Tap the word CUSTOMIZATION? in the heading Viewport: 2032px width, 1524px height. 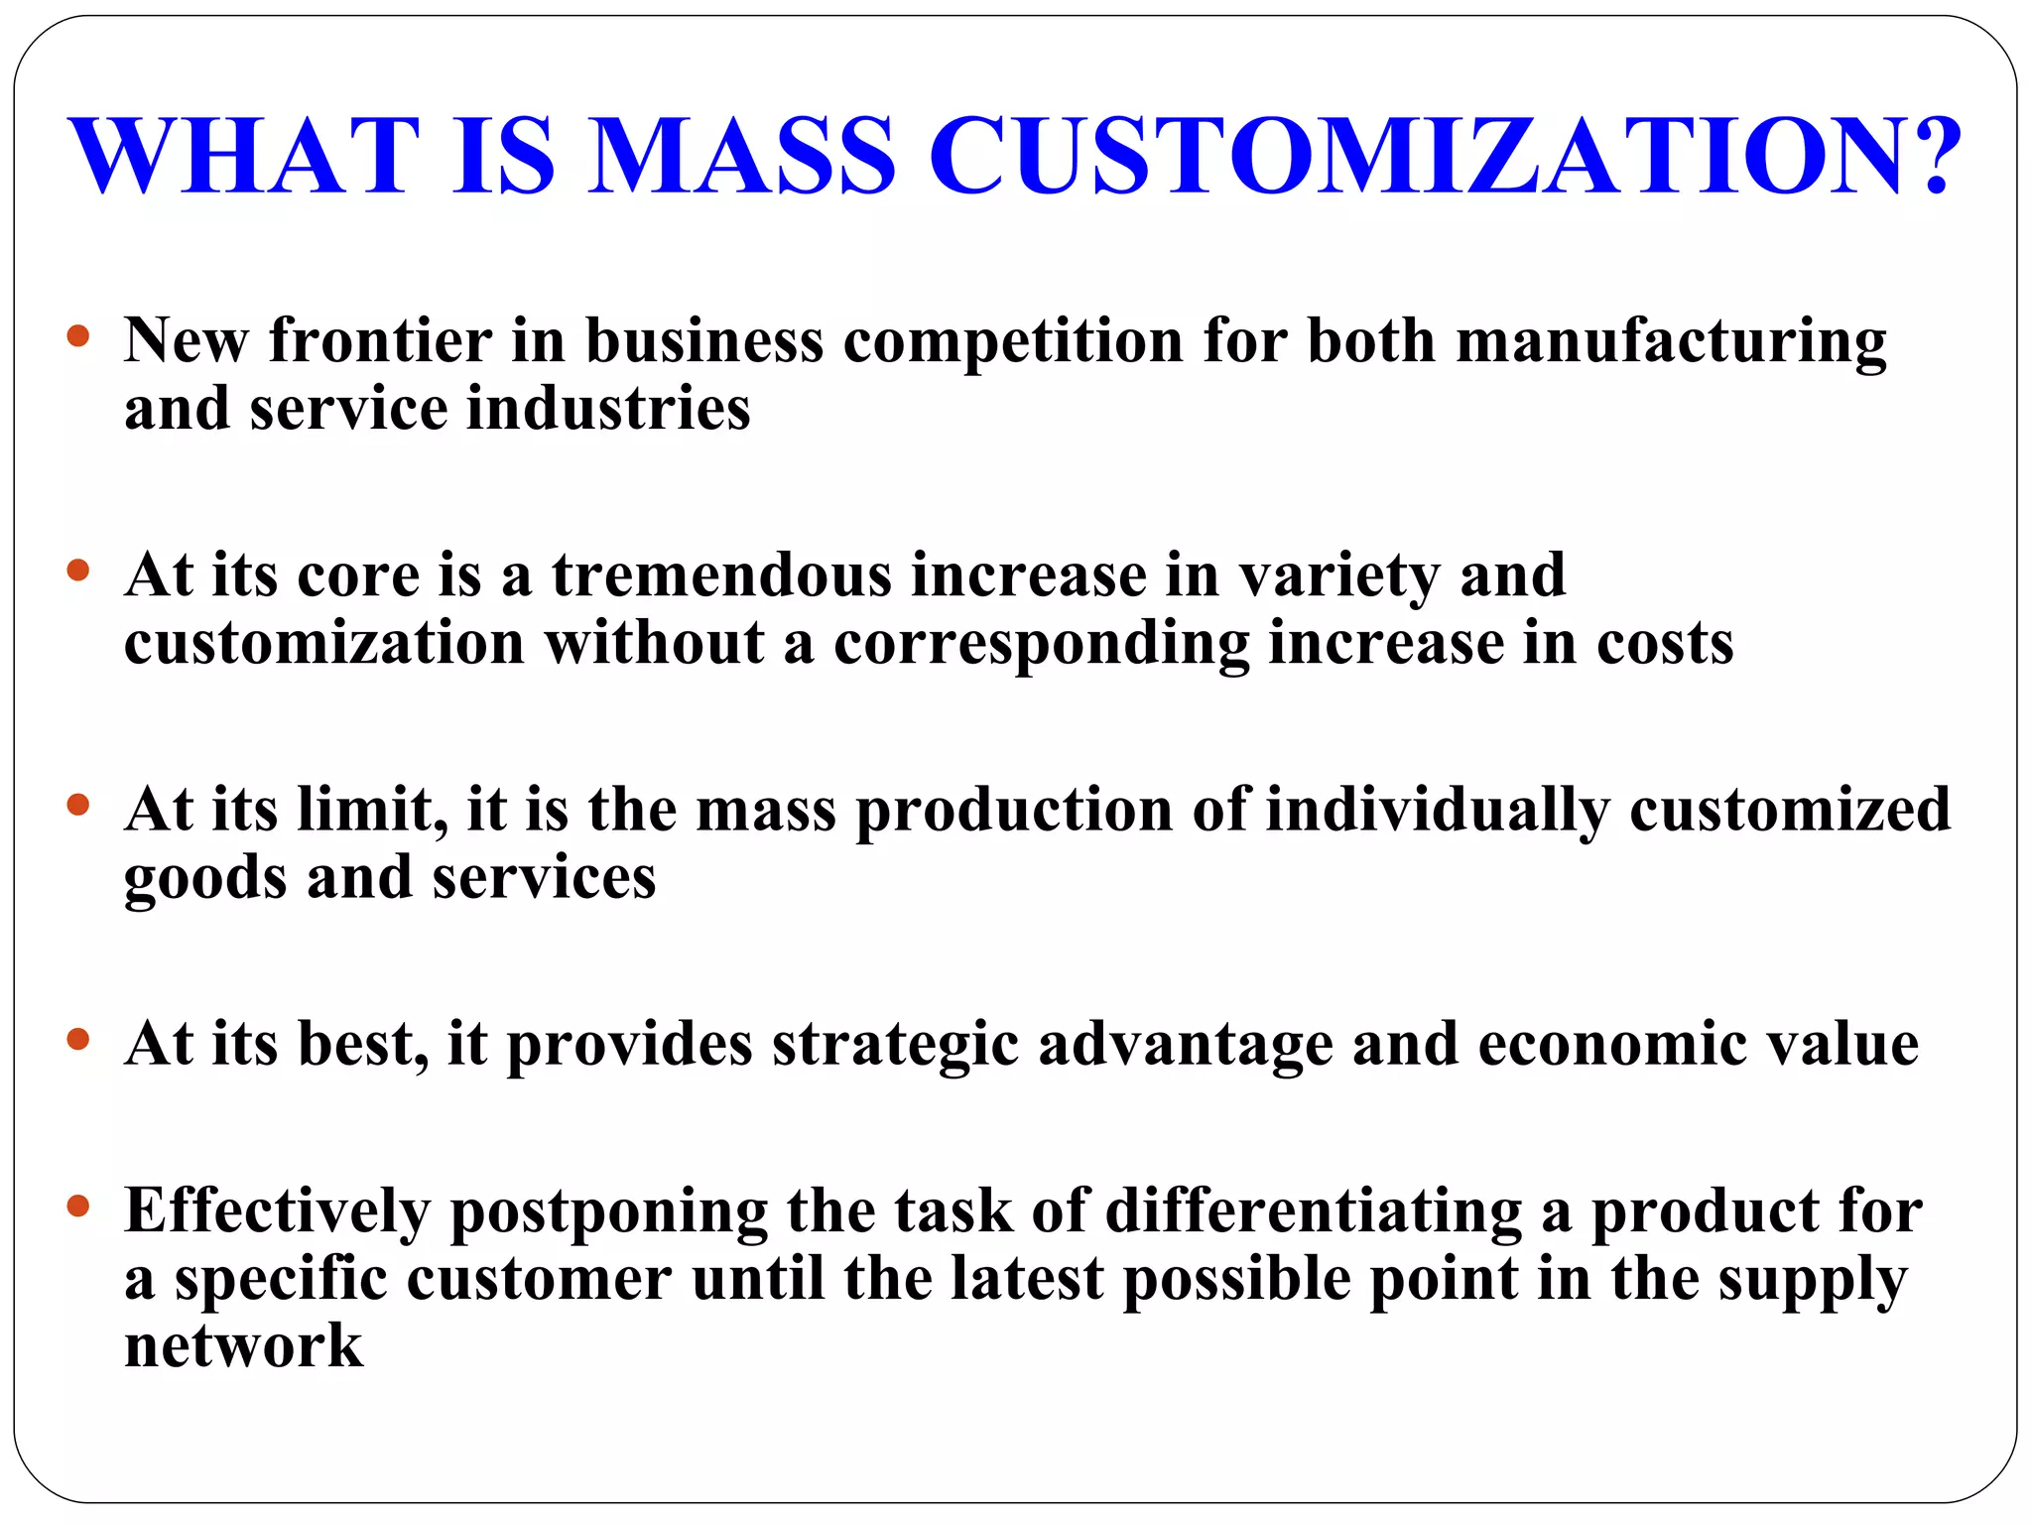(x=1445, y=156)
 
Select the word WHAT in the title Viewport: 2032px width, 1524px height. (x=244, y=156)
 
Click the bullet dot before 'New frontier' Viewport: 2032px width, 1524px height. (x=78, y=336)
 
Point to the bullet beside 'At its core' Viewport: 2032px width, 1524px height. (x=78, y=571)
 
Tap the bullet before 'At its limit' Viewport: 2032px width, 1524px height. (x=78, y=805)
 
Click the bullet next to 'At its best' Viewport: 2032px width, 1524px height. (x=78, y=1040)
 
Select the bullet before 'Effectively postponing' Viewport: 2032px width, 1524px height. (x=78, y=1206)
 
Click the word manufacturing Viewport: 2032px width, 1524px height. (x=1671, y=342)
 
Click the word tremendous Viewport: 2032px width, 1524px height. (x=721, y=575)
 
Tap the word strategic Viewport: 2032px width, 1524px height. (x=895, y=1046)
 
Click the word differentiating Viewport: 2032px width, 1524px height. (x=1314, y=1212)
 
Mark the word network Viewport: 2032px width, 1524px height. (x=243, y=1346)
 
